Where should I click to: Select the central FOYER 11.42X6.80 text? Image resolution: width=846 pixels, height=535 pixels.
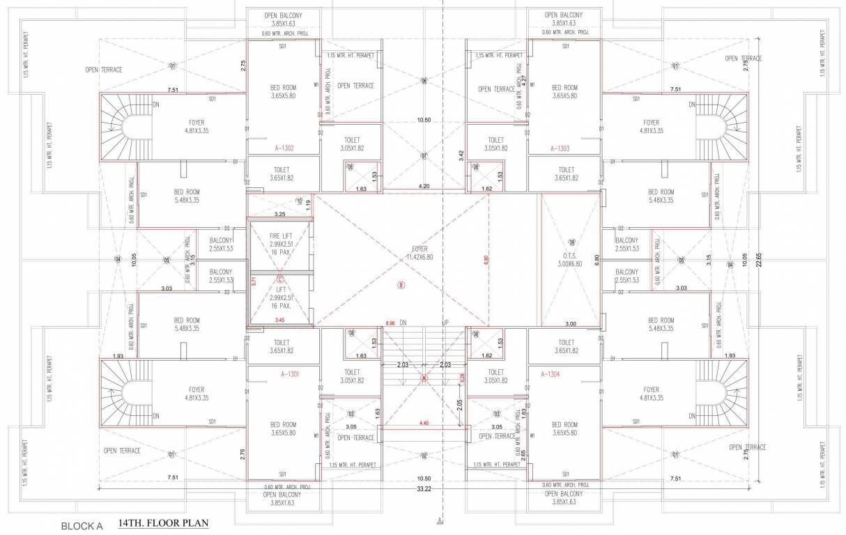(419, 252)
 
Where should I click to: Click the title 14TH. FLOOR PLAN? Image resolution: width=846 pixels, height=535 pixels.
(163, 522)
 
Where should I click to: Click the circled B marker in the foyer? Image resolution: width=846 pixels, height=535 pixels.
(401, 284)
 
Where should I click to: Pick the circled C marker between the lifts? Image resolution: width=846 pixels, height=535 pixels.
(279, 281)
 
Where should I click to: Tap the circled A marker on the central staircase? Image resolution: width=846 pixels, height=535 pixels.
(424, 378)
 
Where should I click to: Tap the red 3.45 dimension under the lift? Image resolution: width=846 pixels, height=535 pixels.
(279, 320)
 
